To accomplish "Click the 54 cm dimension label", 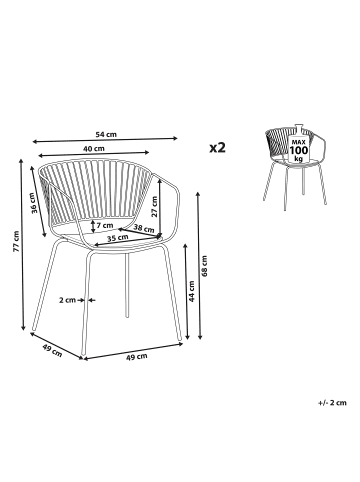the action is pyautogui.click(x=106, y=135).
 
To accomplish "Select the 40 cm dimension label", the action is pyautogui.click(x=94, y=149).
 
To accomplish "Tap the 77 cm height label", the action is pyautogui.click(x=16, y=241).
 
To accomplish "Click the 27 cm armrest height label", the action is pyautogui.click(x=154, y=207).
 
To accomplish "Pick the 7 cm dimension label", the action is pyautogui.click(x=105, y=226).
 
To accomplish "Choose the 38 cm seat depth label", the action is pyautogui.click(x=144, y=229).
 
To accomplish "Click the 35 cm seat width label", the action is pyautogui.click(x=118, y=238).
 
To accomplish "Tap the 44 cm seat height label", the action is pyautogui.click(x=192, y=291).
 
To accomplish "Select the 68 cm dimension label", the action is pyautogui.click(x=204, y=266).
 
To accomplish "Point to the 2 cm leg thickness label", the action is pyautogui.click(x=67, y=300).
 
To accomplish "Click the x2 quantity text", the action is pyautogui.click(x=218, y=147).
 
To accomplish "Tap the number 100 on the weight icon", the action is pyautogui.click(x=299, y=150).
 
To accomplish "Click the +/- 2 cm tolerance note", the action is pyautogui.click(x=332, y=403).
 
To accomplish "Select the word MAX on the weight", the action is pyautogui.click(x=298, y=142).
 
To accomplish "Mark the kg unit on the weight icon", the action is pyautogui.click(x=298, y=158).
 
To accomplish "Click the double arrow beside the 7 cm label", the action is pyautogui.click(x=93, y=227).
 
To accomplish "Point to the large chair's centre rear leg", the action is pyautogui.click(x=127, y=285).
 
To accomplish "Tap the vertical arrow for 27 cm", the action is pyautogui.click(x=160, y=208).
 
